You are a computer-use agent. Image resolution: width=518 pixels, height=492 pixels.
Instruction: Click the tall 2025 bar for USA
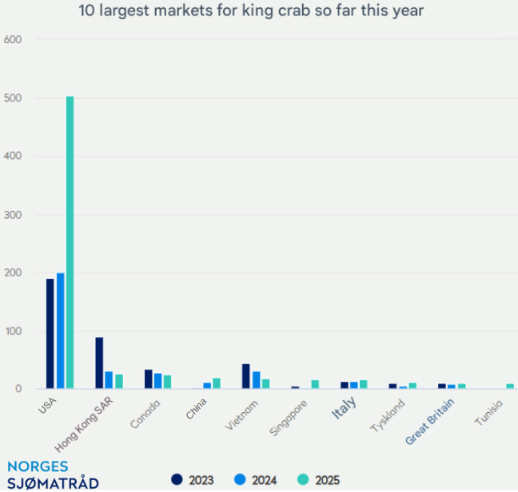70,243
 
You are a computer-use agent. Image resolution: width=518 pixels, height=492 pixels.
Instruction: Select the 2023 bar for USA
50,334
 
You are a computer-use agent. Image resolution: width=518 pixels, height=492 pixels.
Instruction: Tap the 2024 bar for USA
60,331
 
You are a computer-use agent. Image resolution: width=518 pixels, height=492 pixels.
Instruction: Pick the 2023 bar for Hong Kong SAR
99,363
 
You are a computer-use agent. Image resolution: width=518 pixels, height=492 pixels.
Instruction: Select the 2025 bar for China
217,383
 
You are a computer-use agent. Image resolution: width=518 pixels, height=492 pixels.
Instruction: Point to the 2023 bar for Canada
149,379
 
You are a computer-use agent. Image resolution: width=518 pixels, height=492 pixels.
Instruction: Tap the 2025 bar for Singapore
315,385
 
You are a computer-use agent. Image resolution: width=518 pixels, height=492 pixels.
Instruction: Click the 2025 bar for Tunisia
510,387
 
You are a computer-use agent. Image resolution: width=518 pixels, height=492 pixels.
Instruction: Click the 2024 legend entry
256,480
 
